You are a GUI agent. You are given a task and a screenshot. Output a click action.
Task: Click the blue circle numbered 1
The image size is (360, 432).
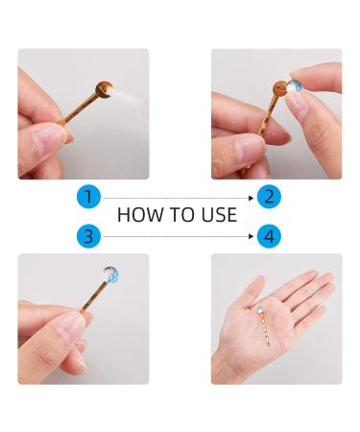click(x=88, y=197)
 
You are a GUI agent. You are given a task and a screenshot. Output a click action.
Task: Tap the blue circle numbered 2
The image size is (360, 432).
click(x=270, y=197)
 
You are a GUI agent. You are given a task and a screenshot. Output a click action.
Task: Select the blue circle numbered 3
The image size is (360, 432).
click(x=88, y=235)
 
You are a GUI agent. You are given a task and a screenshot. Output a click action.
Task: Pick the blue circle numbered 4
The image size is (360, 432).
click(x=270, y=235)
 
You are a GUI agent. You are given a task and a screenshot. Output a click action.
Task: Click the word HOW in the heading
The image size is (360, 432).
click(x=137, y=215)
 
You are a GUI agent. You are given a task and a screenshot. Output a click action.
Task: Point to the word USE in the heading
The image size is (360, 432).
click(x=217, y=215)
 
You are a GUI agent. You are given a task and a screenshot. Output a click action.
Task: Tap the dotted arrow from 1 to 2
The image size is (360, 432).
click(x=178, y=197)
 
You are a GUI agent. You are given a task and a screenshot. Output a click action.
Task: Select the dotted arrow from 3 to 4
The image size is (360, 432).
click(x=178, y=235)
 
